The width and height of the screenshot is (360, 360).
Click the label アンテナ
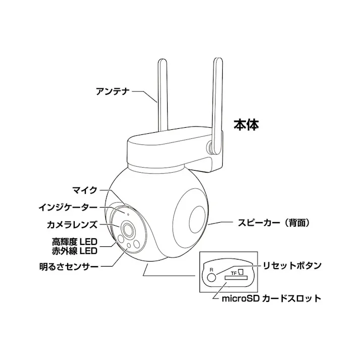tap(114, 91)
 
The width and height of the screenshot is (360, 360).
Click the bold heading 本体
tap(246, 125)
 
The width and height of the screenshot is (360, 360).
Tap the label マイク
tap(85, 190)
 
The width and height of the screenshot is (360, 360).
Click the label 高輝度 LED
tap(74, 241)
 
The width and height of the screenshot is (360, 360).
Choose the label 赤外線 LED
tap(74, 249)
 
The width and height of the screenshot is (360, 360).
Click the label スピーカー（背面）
tap(273, 222)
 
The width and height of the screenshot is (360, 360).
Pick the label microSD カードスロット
tap(271, 298)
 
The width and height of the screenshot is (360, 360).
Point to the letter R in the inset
tap(212, 269)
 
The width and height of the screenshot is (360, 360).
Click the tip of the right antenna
tap(218, 62)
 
